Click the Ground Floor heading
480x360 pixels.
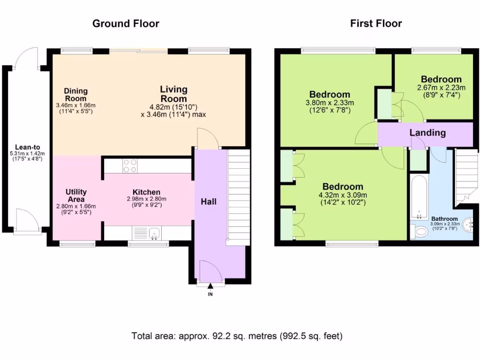pos(126,23)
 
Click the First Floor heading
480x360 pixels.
pos(376,23)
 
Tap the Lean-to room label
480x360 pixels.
pos(28,147)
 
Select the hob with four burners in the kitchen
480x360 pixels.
pos(130,166)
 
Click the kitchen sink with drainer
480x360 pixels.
pos(147,232)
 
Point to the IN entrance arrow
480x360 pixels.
pos(210,286)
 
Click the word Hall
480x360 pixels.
pos(209,202)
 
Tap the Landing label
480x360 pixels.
pos(427,133)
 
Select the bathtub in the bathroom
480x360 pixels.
pos(419,197)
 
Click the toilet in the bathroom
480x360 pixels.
pos(419,231)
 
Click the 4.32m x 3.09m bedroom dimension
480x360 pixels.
pos(343,195)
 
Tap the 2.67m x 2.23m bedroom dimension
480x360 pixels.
pos(441,88)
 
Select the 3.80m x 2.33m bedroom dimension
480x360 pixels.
pos(330,103)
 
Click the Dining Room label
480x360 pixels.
pos(75,95)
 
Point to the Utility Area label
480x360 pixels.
pos(76,195)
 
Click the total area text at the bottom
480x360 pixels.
pos(237,336)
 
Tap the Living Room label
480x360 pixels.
pos(173,94)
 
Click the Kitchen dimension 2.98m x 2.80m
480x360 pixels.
pos(147,199)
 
